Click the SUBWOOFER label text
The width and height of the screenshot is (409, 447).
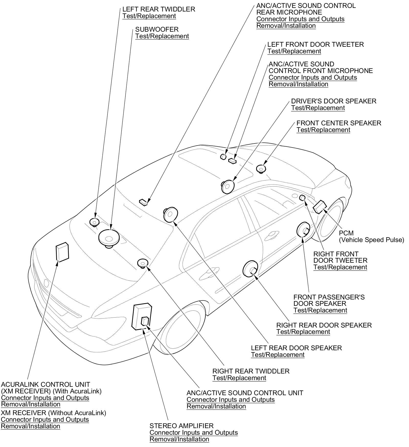coord(157,29)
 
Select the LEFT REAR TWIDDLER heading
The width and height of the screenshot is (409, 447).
coord(158,9)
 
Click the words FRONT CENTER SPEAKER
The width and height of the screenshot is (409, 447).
coord(339,123)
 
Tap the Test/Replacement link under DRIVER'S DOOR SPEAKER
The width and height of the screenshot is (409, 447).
coord(318,108)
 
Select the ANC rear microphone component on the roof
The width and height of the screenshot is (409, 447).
coord(144,202)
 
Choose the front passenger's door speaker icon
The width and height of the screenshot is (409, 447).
coord(303,229)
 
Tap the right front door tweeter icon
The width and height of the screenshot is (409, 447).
coord(302,197)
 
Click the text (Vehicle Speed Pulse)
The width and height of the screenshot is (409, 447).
coord(371,240)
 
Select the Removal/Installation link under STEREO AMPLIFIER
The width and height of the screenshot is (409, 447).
coord(179,439)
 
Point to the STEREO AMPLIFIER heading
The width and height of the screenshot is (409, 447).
coord(181,426)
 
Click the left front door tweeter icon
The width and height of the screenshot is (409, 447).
coord(223,156)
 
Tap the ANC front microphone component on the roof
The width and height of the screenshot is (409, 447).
coord(232,161)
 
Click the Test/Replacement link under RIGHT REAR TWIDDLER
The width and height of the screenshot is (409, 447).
coord(239,378)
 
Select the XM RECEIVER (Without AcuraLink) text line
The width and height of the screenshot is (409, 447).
coord(53,413)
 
